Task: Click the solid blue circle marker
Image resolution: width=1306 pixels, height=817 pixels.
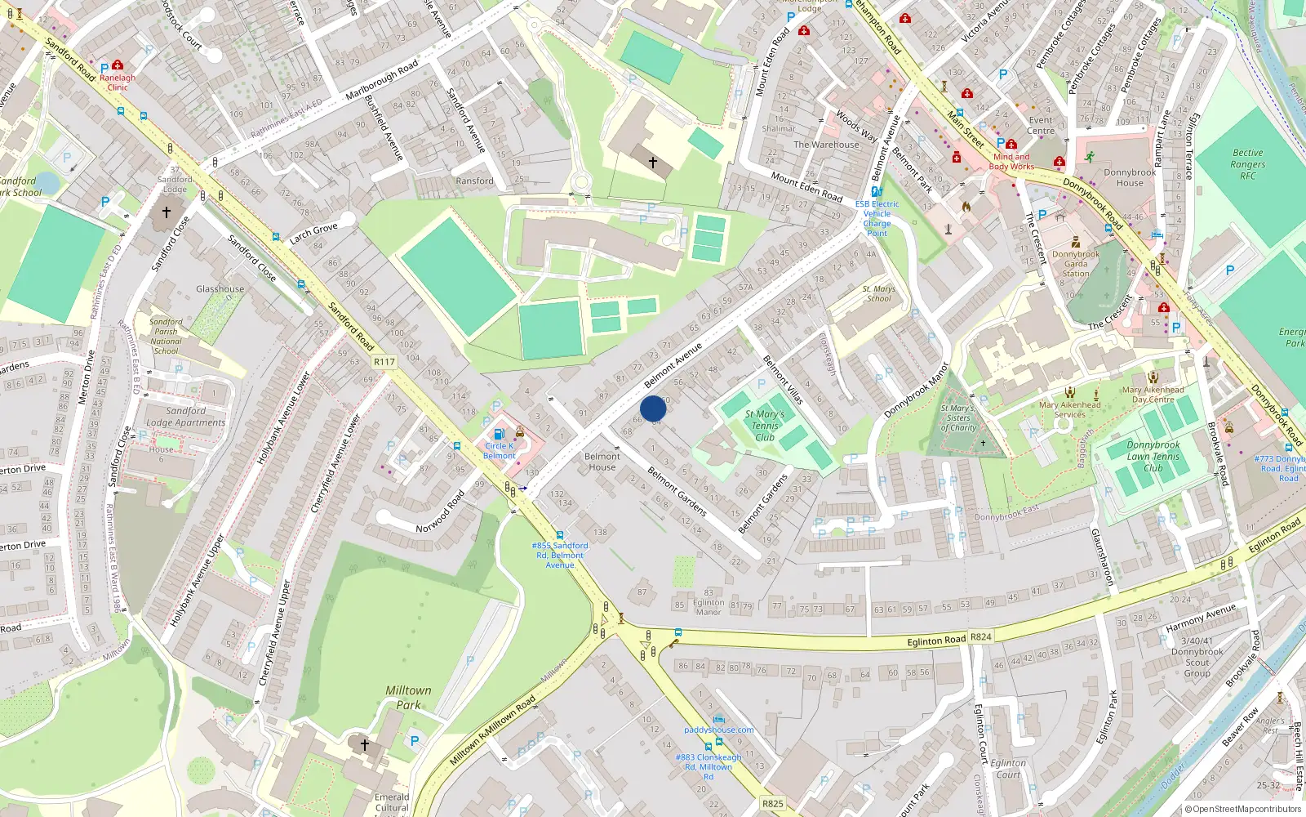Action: (653, 408)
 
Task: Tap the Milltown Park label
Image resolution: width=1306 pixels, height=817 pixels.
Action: (408, 698)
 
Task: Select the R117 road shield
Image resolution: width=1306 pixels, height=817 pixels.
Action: (384, 362)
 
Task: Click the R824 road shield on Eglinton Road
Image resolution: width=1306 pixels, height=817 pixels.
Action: (981, 636)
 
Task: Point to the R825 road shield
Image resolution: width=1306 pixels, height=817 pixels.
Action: (772, 803)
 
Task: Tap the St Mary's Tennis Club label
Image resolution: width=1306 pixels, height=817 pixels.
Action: (765, 426)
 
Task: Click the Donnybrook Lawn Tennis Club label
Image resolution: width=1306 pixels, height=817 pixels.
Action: (1153, 457)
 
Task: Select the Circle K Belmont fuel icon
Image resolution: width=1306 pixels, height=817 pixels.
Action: (499, 434)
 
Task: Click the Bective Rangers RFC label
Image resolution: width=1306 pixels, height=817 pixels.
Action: (1247, 164)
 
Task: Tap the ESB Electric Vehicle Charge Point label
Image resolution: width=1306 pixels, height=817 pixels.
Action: (877, 218)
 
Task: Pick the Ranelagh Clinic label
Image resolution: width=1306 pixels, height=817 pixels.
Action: (118, 83)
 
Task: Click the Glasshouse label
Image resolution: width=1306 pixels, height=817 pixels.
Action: (220, 289)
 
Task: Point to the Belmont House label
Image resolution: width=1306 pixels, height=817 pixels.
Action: (602, 462)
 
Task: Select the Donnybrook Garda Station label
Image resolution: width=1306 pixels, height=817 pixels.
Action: (1075, 264)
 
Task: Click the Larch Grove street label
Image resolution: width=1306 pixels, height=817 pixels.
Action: (313, 234)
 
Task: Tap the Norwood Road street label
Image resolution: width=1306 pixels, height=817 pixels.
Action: (440, 512)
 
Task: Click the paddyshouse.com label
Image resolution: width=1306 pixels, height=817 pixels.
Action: (718, 730)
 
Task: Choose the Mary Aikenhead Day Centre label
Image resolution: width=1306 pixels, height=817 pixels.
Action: (1153, 395)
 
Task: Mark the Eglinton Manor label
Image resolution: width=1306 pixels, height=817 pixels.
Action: (708, 607)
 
